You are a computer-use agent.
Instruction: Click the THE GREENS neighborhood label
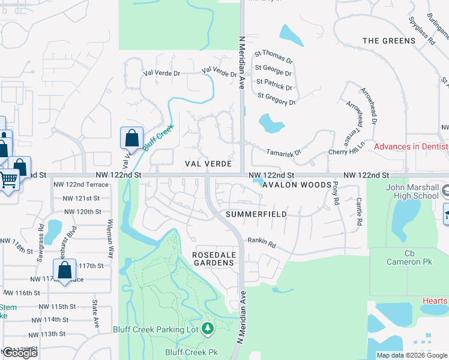(x=389, y=41)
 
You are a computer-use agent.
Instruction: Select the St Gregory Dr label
(x=277, y=99)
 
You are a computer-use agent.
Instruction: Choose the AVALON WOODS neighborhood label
(x=297, y=185)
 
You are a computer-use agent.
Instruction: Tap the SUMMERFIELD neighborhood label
(x=256, y=214)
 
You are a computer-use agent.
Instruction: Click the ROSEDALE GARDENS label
(x=212, y=259)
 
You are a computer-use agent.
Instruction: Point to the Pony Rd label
(x=335, y=194)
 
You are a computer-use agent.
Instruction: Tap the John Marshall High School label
(x=412, y=191)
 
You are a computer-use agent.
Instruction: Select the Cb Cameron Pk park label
(x=410, y=257)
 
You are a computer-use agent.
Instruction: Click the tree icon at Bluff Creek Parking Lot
(x=208, y=329)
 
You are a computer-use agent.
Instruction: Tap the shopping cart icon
(x=9, y=179)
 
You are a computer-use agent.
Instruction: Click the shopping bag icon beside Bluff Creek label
(x=131, y=139)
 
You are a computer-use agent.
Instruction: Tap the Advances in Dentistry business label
(x=411, y=147)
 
